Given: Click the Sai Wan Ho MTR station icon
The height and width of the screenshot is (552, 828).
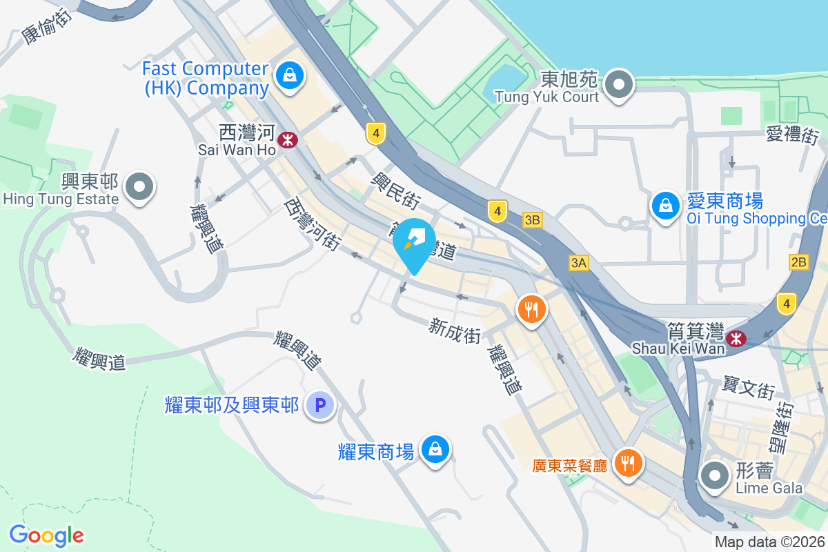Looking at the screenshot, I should coord(287,141).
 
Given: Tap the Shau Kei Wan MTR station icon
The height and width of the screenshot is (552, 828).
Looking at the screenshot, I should coord(736,337).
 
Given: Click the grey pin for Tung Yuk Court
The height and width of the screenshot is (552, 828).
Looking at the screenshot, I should coord(619,85).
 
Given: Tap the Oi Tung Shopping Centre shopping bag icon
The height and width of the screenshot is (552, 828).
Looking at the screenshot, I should coord(665,206).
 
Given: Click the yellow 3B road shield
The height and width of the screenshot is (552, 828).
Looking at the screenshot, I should coord(532,220).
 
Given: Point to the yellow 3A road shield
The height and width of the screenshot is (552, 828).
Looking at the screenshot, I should coord(579,262).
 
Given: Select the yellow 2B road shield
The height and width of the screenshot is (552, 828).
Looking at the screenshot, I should coord(799,262).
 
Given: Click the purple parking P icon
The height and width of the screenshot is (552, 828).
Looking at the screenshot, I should coord(320,405).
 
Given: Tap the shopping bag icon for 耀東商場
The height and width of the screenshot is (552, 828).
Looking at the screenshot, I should coord(435,450).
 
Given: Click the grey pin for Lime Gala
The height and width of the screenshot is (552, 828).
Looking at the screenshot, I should coord(715,476).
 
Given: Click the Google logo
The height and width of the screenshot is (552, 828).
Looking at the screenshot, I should coord(46,535).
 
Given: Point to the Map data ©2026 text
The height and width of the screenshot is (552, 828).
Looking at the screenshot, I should coord(769,542).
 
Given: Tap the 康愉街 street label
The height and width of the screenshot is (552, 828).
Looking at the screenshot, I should coord(47,27).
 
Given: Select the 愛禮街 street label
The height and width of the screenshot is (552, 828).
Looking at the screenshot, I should coord(792,134).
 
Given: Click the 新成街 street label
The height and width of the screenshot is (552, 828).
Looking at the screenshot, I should coord(454,330).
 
